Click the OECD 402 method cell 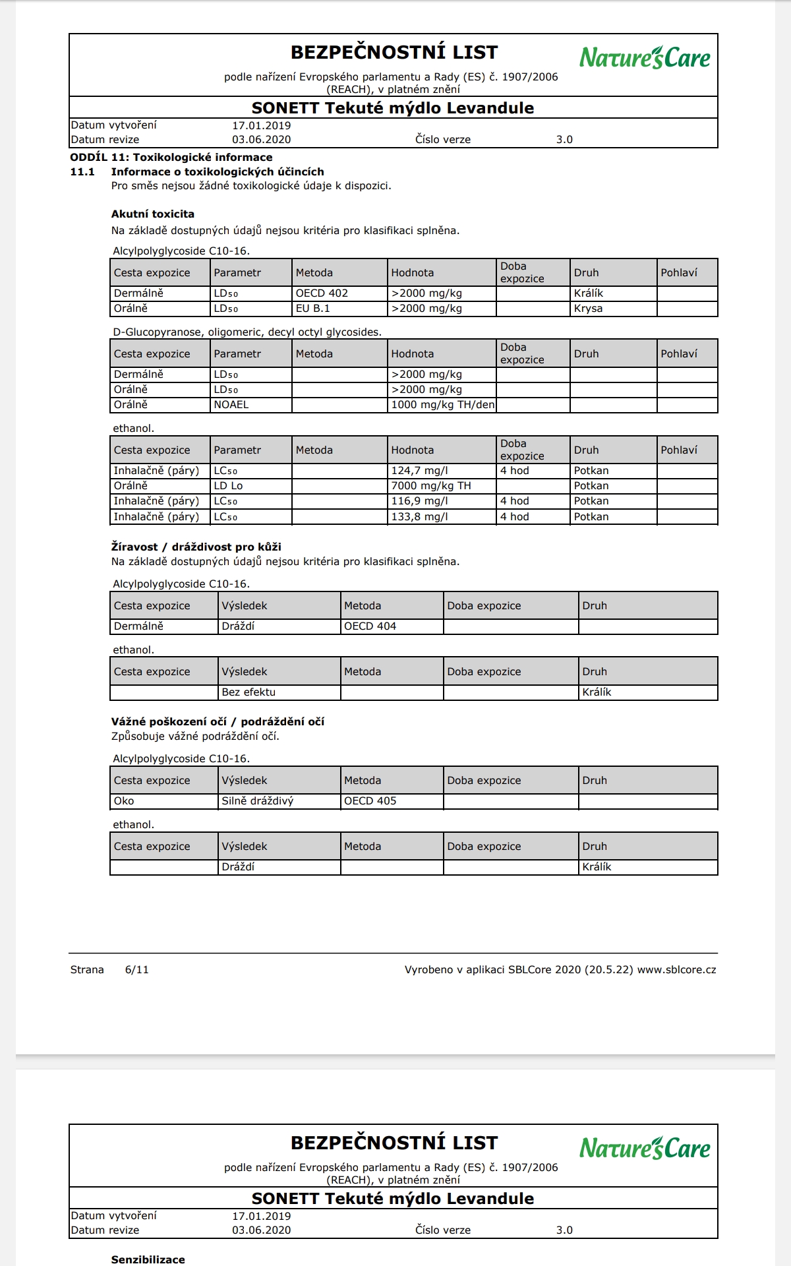(x=322, y=293)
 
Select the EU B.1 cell (x=312, y=309)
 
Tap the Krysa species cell (x=588, y=309)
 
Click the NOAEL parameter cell (x=231, y=405)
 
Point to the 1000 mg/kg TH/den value (x=442, y=405)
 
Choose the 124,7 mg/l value (x=419, y=471)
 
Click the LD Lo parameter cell (x=228, y=486)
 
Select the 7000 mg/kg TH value (x=431, y=486)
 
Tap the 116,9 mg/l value (x=419, y=501)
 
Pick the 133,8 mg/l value (x=419, y=517)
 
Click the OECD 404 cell (x=370, y=626)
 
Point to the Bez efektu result (x=249, y=692)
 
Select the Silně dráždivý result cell (x=258, y=801)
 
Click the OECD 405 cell (x=370, y=801)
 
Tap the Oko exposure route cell (x=124, y=801)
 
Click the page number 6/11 (x=136, y=970)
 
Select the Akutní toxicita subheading (x=153, y=214)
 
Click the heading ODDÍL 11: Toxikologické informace (x=171, y=158)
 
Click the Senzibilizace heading (x=148, y=1259)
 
